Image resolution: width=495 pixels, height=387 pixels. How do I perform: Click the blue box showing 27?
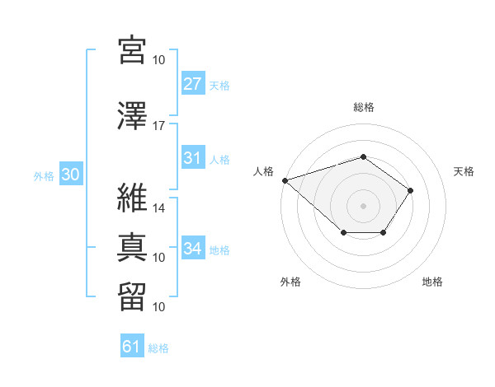point(192,84)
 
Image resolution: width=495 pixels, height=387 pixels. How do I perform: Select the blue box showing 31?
point(192,158)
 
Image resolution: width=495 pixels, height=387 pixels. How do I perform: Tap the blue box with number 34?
point(192,249)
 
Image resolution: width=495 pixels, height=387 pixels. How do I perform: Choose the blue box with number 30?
point(69,175)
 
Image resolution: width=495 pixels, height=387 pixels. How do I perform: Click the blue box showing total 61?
point(132,347)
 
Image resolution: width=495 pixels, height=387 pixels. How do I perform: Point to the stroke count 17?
point(159,125)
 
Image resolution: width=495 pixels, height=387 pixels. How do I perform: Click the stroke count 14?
point(159,207)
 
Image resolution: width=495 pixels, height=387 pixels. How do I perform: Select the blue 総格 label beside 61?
point(158,348)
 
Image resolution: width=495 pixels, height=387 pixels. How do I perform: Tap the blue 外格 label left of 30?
point(44,175)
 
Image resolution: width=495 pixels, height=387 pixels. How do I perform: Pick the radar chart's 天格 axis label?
point(464,171)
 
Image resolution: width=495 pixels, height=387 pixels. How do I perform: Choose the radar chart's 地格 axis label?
point(432,282)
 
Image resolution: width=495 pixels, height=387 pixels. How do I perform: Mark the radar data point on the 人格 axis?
point(285,180)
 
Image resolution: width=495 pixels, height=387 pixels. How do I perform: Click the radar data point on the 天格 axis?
point(411,191)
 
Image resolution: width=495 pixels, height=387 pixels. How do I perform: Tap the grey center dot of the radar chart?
point(363,205)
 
